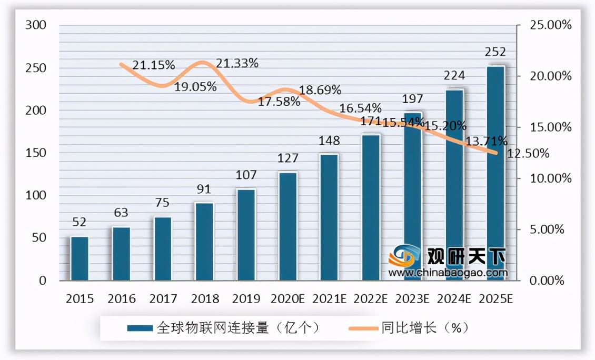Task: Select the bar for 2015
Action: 80,258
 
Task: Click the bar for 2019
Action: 246,235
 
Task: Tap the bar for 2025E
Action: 495,173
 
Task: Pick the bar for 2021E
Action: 329,217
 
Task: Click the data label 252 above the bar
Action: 495,52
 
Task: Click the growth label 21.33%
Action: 237,64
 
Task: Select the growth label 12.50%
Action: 528,154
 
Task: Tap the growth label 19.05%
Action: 195,87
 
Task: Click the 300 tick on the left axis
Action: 36,25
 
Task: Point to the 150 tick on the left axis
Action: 36,153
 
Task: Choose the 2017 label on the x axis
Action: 163,299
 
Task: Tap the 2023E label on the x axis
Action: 412,299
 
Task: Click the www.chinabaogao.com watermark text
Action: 448,273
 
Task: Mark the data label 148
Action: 329,141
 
